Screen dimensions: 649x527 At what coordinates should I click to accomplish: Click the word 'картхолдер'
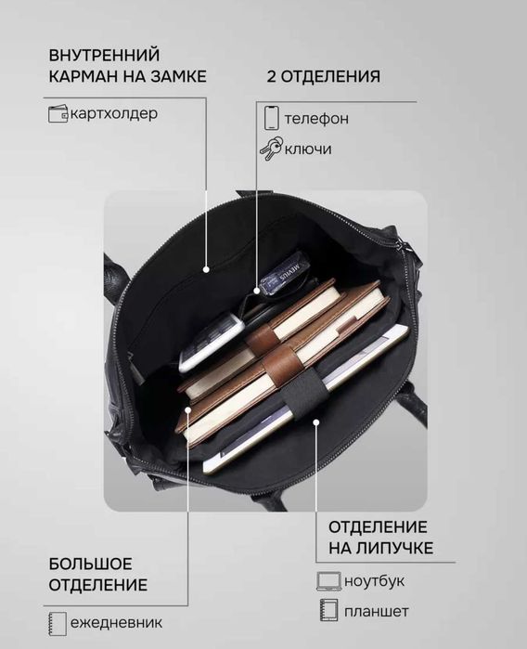(112, 114)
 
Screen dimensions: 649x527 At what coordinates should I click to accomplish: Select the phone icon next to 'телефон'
(271, 118)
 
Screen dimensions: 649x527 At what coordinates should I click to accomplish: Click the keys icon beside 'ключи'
(271, 149)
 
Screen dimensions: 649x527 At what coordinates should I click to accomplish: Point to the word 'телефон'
(317, 119)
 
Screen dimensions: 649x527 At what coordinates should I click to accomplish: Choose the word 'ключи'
(308, 149)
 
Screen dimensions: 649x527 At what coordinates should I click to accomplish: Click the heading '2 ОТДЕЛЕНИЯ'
(323, 76)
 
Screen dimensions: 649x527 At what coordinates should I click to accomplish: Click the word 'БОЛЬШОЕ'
(91, 564)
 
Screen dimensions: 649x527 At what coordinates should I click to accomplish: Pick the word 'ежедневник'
(116, 622)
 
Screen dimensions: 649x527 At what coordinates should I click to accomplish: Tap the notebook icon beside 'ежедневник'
(58, 622)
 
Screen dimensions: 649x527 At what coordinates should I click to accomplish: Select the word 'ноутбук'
(374, 581)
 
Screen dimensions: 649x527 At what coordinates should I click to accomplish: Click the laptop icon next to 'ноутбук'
(328, 581)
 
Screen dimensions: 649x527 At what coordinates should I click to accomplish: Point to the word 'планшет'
(376, 611)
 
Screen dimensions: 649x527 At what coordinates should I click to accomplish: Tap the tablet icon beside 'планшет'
(328, 610)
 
